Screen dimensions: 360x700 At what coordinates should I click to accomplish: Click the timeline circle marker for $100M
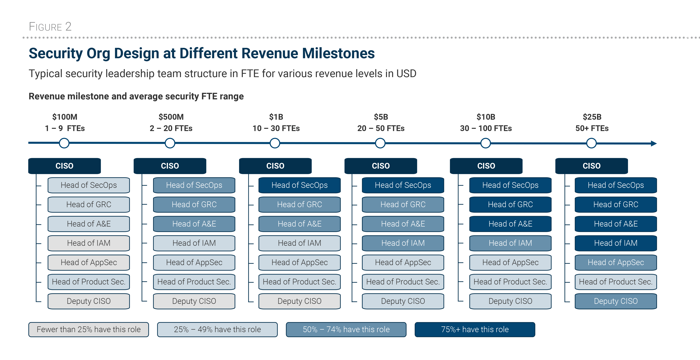[64, 143]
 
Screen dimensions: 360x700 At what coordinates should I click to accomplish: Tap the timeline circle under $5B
[380, 143]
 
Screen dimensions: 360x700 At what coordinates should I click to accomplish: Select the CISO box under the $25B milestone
[592, 166]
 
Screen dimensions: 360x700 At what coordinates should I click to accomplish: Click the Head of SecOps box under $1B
[299, 185]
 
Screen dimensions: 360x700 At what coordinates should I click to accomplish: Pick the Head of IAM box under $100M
[89, 243]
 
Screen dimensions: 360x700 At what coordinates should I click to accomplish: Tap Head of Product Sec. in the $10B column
[510, 282]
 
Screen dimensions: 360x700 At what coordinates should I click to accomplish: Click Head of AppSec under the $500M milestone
[194, 262]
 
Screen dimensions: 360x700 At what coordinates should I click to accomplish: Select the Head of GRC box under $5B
[403, 204]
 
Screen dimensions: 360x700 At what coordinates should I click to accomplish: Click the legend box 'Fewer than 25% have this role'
[89, 330]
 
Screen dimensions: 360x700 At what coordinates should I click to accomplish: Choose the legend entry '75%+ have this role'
[475, 330]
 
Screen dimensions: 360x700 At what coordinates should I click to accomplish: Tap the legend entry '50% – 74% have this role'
[346, 330]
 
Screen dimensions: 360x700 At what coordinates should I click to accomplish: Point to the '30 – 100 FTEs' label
[486, 128]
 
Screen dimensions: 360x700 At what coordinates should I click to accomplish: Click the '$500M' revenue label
[171, 117]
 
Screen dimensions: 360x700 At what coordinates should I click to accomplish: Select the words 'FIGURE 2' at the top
[50, 27]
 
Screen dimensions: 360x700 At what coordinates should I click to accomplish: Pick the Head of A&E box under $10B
[510, 224]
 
